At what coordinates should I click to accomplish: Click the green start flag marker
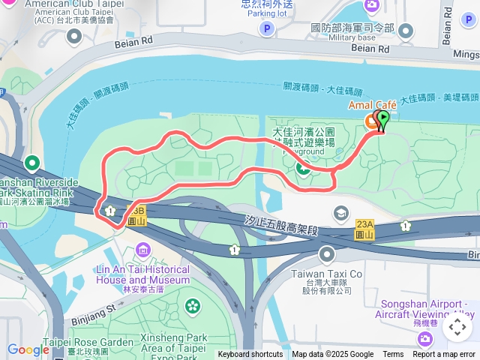(382, 119)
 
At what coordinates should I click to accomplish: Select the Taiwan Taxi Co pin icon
(328, 255)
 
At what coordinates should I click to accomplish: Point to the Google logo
(28, 349)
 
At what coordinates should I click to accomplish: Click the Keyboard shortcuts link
(250, 355)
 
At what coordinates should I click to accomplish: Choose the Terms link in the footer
(393, 355)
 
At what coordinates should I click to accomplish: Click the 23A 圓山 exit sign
(364, 227)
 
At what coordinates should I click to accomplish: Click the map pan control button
(457, 327)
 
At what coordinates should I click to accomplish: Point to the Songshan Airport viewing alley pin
(425, 339)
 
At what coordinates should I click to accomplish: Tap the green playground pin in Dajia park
(303, 168)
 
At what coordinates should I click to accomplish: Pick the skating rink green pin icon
(32, 163)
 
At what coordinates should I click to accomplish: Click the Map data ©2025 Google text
(332, 355)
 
